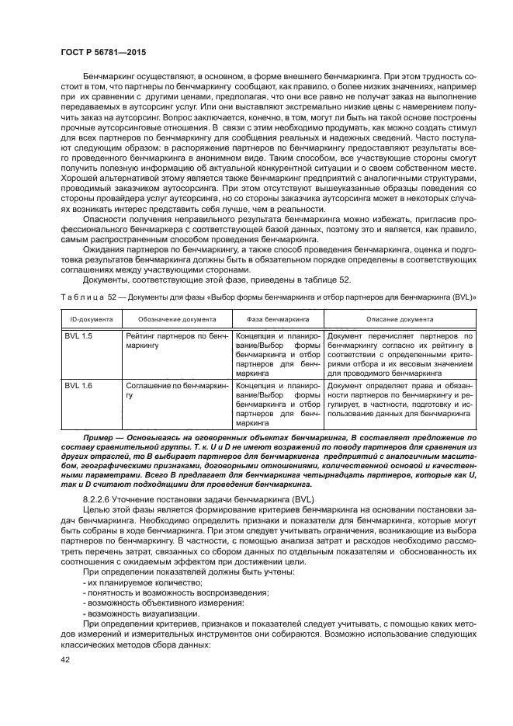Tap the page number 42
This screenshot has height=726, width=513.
64,659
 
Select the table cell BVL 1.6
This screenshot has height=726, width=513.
78,386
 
